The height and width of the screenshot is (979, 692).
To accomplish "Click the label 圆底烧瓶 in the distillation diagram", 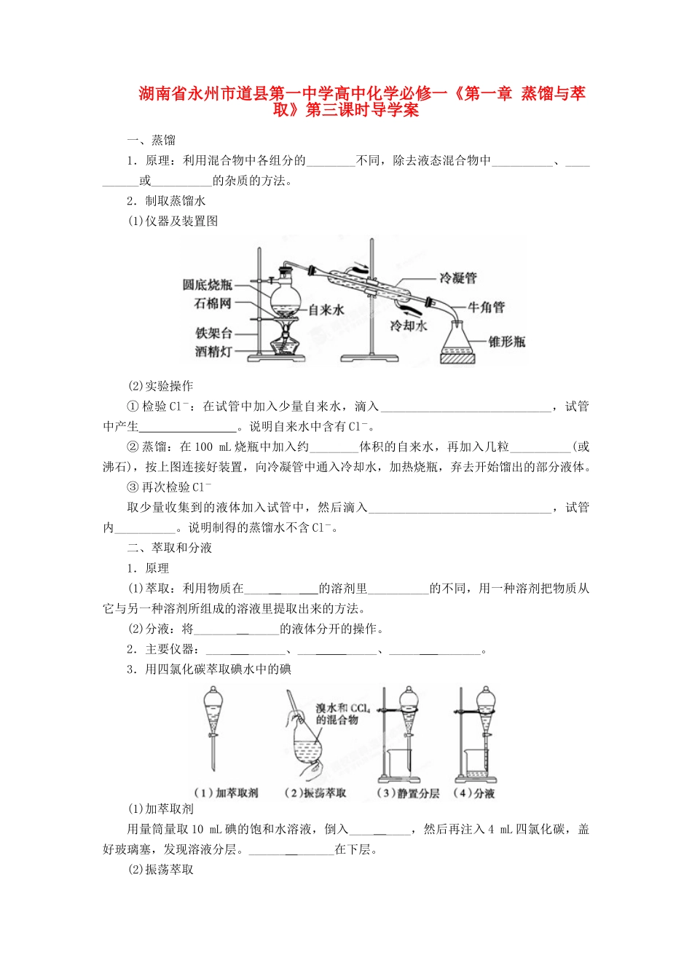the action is point(208,285).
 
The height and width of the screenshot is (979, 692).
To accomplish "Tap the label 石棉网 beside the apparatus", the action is point(213,303).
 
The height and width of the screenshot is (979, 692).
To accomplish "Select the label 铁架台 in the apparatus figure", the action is point(213,333).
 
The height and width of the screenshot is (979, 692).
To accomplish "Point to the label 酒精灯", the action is point(213,351).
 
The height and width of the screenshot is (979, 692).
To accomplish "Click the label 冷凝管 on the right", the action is point(458,278).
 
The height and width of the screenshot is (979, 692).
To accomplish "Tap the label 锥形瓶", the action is point(507,341).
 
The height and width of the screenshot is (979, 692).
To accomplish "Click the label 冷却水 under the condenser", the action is point(408,326).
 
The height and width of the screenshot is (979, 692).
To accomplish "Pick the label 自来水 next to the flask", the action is point(326,310).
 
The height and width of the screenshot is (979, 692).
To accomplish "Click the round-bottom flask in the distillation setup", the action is point(284,295).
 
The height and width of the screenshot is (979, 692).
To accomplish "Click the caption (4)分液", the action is point(474,793).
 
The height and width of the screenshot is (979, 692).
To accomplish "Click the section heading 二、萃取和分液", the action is point(170,548).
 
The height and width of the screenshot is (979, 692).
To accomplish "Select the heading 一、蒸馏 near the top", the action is point(152,140).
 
